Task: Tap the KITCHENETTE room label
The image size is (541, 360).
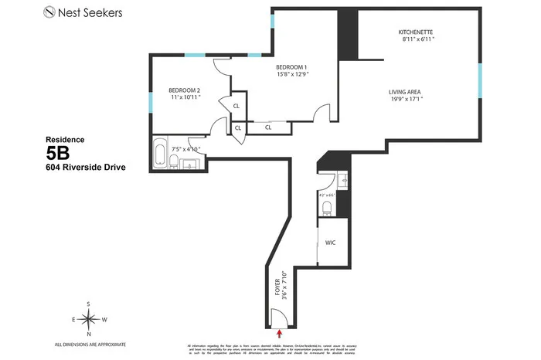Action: (415, 32)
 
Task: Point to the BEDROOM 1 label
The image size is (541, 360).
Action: (291, 67)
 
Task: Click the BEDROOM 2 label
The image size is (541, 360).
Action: (185, 90)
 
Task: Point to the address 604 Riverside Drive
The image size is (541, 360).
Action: (85, 167)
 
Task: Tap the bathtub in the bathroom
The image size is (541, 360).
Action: (160, 155)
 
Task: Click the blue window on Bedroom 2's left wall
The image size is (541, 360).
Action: (150, 103)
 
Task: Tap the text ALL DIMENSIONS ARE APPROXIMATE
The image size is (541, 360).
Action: (90, 345)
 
